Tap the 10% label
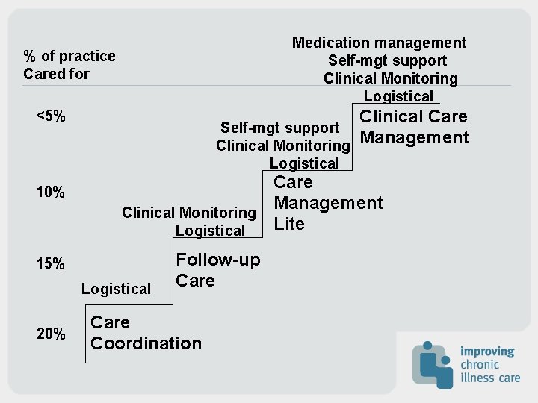pyautogui.click(x=50, y=193)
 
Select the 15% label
pyautogui.click(x=50, y=264)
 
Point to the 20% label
pyautogui.click(x=50, y=334)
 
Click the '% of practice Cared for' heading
pyautogui.click(x=69, y=65)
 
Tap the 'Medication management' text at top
pyautogui.click(x=379, y=43)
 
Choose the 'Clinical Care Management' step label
pyautogui.click(x=414, y=127)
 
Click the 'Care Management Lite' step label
pyautogui.click(x=328, y=203)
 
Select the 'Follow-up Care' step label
pyautogui.click(x=217, y=270)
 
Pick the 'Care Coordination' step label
pyautogui.click(x=146, y=333)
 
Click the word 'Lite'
pyautogui.click(x=289, y=224)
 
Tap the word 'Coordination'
pyautogui.click(x=146, y=343)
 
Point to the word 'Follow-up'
pyautogui.click(x=217, y=260)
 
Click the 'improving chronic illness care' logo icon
pyautogui.click(x=433, y=364)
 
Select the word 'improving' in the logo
pyautogui.click(x=487, y=352)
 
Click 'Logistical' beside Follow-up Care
pyautogui.click(x=116, y=289)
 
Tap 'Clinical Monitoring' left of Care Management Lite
pyautogui.click(x=188, y=213)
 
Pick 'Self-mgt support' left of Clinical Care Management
pyautogui.click(x=279, y=128)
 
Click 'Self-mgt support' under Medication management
pyautogui.click(x=387, y=60)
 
